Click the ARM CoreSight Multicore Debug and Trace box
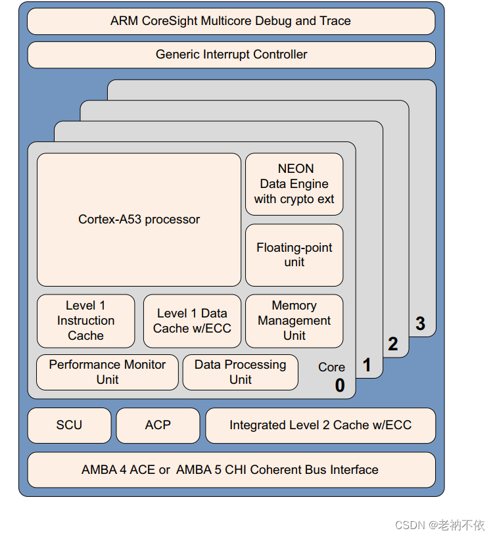pos(231,21)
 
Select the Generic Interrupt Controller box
pos(231,55)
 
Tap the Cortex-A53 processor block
pos(139,220)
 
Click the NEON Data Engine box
pos(294,184)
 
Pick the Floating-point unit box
pos(294,255)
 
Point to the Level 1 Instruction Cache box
pos(85,321)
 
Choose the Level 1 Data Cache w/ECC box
pos(192,321)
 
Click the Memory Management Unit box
pos(294,321)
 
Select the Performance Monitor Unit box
pos(107,372)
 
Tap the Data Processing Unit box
pos(240,372)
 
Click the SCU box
pos(69,425)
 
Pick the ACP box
pos(158,425)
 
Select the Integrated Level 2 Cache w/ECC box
pos(320,425)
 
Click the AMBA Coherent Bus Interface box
pos(231,470)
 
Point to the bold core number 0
pos(340,386)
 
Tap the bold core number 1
pos(367,365)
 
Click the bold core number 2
pos(393,344)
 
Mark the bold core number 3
pos(420,323)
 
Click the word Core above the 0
pos(331,367)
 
